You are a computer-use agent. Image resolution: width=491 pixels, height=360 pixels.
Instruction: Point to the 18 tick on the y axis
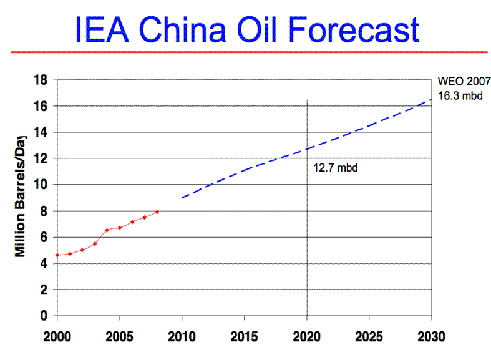(41, 80)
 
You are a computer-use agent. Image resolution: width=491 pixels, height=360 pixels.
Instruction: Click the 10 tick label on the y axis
(41, 185)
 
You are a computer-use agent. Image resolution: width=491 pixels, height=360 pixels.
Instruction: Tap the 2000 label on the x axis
(57, 337)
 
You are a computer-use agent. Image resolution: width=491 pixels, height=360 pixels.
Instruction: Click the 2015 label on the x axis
(244, 337)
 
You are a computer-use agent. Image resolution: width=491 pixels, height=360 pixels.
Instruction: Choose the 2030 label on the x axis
(431, 337)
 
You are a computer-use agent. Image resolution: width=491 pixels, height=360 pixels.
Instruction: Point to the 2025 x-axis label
(369, 337)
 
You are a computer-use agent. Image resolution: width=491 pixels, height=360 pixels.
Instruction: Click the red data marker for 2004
(107, 230)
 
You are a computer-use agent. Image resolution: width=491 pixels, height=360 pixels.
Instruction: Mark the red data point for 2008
(157, 212)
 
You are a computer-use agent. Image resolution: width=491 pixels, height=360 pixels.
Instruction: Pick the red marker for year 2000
(57, 255)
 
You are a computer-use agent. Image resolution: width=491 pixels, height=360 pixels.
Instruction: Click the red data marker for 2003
(95, 243)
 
